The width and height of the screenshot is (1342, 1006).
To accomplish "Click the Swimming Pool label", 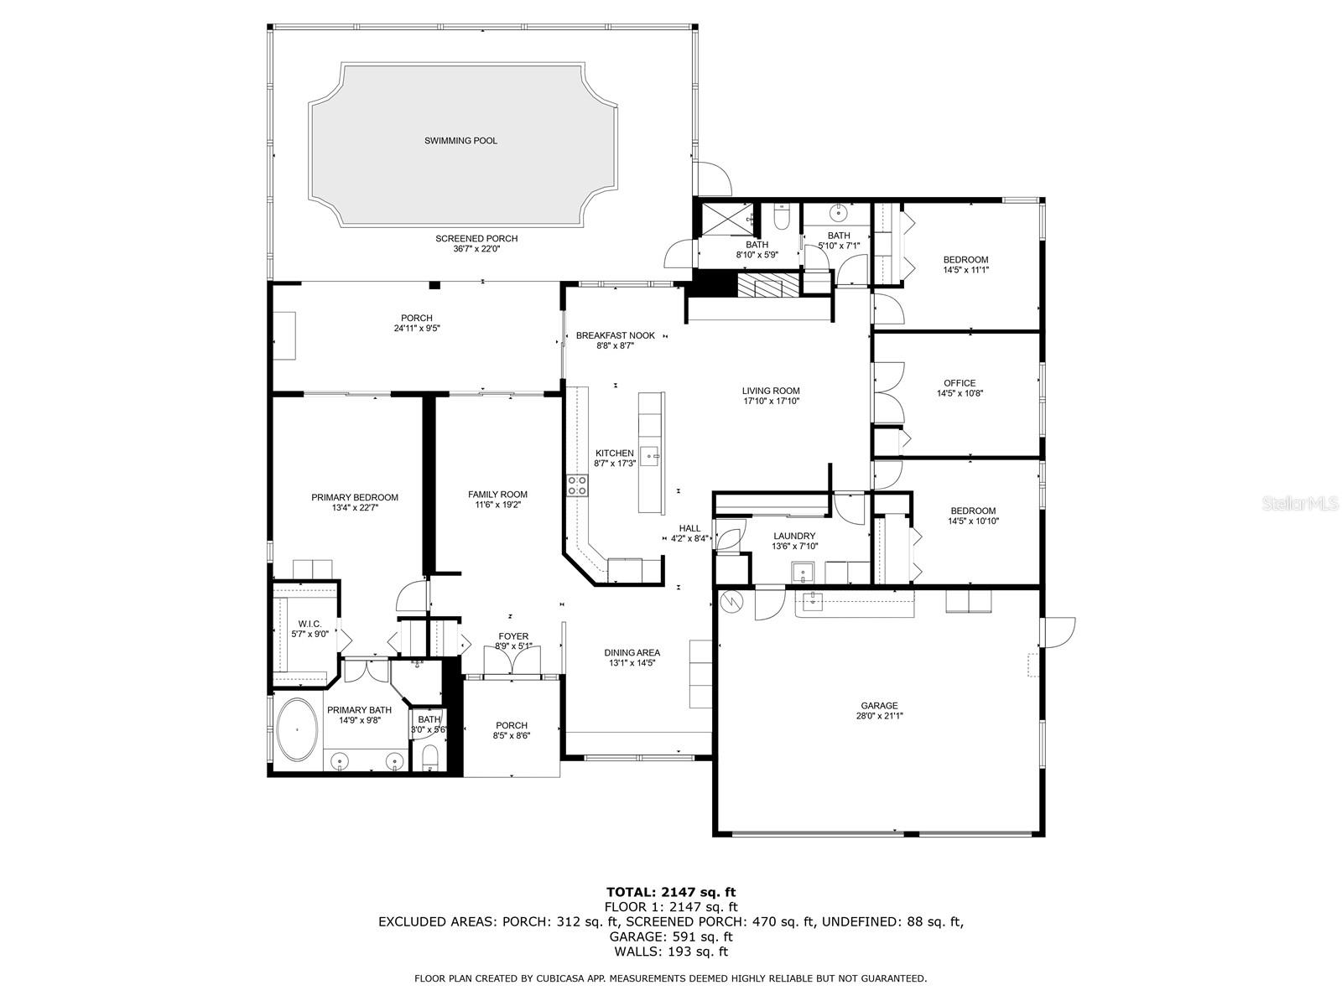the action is click(460, 141).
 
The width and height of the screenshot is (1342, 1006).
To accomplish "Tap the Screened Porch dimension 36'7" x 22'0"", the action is click(476, 249).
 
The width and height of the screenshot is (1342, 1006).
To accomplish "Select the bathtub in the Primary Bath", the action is click(297, 729).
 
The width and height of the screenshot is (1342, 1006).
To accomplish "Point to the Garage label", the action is click(879, 706).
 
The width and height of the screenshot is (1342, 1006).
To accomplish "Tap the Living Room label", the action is click(770, 391).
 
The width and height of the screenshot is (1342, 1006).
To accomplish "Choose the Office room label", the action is click(960, 383).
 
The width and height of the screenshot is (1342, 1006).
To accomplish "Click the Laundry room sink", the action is click(802, 573).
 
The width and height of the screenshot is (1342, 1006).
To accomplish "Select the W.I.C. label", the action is click(309, 624).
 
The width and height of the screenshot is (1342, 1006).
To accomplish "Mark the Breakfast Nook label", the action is click(615, 335).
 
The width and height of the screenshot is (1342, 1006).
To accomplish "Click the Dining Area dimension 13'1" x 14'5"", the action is click(632, 663).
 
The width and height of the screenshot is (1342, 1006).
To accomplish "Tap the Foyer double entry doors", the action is click(512, 661).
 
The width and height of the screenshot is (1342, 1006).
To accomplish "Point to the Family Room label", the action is click(497, 494).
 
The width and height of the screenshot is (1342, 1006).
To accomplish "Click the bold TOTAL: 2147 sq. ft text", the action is click(671, 892).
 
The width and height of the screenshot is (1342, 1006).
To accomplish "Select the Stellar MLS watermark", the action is click(1300, 503).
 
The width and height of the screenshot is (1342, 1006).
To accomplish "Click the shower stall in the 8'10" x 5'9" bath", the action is click(726, 220).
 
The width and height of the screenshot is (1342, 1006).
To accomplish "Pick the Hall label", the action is click(689, 528).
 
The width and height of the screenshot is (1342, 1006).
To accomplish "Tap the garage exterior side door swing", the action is click(1059, 632).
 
